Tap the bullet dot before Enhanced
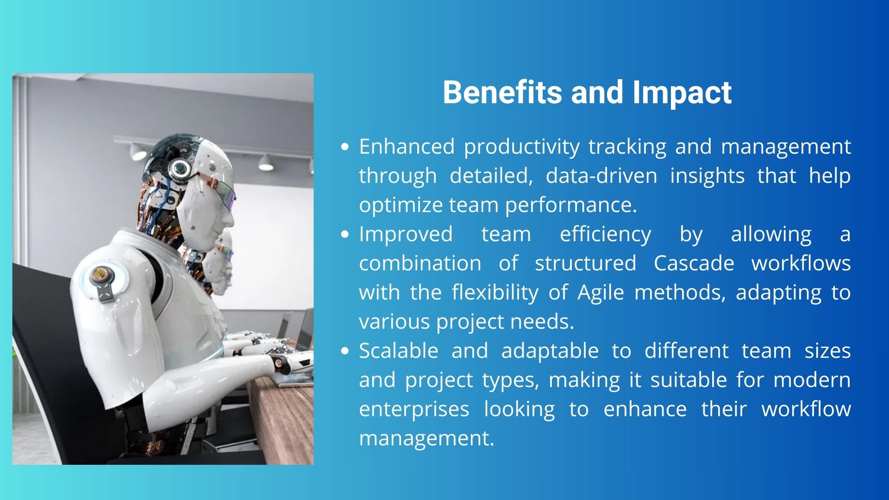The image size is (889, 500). click(344, 147)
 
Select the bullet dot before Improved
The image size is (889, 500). click(344, 235)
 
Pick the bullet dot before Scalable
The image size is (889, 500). click(344, 351)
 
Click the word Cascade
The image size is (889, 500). click(694, 263)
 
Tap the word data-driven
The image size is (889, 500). click(601, 176)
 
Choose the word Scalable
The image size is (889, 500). click(399, 351)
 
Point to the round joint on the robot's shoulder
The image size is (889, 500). click(99, 276)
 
